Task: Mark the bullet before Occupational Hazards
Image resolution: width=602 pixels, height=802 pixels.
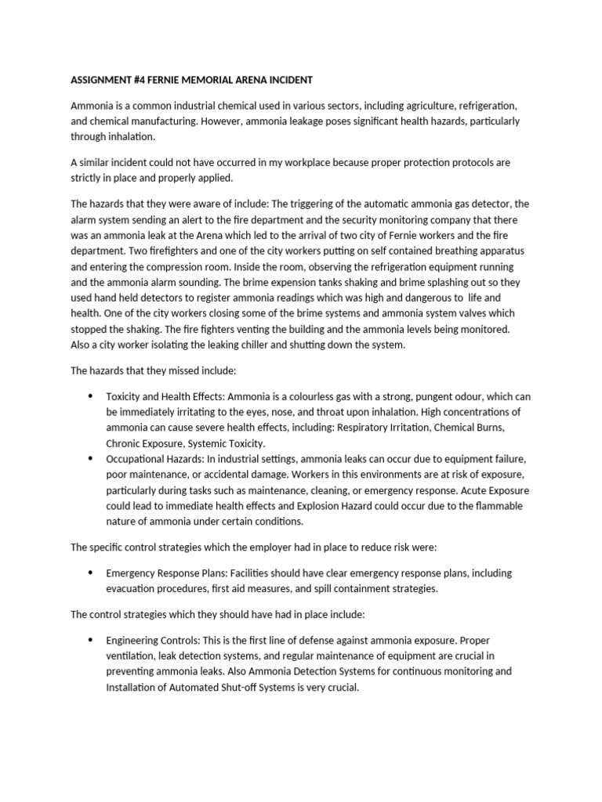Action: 91,459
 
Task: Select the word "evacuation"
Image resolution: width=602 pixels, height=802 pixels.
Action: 134,589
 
